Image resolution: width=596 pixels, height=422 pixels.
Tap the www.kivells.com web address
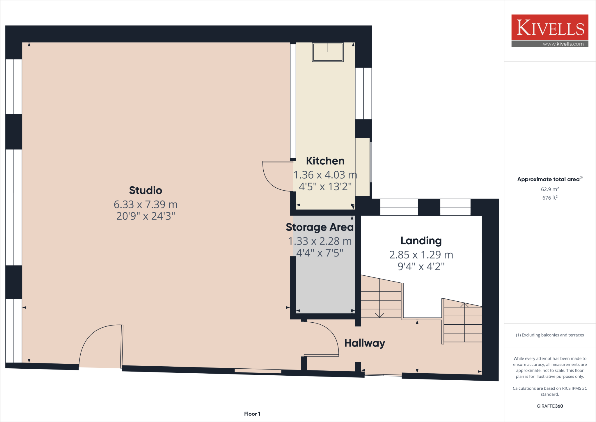(x=563, y=44)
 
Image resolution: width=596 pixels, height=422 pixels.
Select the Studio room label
(x=146, y=190)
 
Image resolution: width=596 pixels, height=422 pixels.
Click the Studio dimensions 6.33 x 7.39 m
(x=146, y=204)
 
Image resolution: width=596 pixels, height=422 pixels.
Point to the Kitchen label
(x=325, y=161)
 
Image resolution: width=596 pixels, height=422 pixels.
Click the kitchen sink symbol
(x=328, y=52)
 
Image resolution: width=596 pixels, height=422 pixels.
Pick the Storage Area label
(x=320, y=227)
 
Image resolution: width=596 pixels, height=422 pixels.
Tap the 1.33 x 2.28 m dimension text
(x=320, y=241)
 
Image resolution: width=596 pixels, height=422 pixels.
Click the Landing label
(x=421, y=241)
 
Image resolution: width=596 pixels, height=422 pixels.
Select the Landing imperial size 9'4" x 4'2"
(x=421, y=266)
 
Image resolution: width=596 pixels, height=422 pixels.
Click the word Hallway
(x=364, y=343)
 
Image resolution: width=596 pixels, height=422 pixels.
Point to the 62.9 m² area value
(x=549, y=189)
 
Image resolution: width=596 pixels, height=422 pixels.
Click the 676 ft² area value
(x=549, y=198)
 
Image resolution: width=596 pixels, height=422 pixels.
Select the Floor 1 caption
(x=252, y=414)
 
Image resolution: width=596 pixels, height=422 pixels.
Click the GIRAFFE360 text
(x=549, y=406)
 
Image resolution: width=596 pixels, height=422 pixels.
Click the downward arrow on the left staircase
(x=380, y=315)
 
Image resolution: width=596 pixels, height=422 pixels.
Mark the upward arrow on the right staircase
(x=464, y=305)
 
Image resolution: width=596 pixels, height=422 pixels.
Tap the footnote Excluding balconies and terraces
(x=549, y=335)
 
